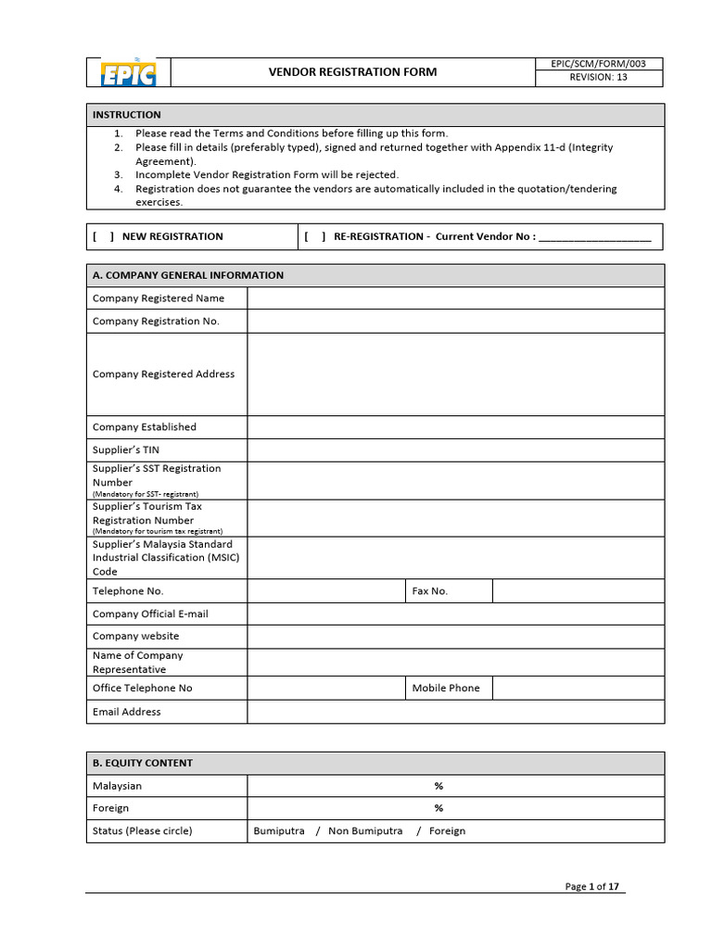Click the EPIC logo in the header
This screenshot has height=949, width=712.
click(127, 72)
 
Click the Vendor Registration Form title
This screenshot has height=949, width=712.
click(352, 72)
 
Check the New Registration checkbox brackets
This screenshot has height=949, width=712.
click(103, 236)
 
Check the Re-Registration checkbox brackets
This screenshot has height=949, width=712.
click(315, 236)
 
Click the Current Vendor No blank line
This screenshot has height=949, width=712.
click(594, 237)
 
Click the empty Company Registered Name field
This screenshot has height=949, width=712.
click(454, 298)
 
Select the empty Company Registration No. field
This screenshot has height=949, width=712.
click(454, 322)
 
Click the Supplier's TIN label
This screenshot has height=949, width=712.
click(126, 450)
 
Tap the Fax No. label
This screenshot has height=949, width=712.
click(429, 591)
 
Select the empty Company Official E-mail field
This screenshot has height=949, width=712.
click(454, 614)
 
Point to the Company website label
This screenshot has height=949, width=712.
click(136, 637)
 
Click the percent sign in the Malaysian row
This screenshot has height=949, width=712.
click(439, 786)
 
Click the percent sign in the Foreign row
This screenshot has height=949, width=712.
click(439, 808)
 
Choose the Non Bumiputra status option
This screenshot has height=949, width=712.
click(365, 831)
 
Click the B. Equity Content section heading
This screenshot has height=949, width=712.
click(143, 764)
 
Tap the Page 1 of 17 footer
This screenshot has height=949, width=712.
click(591, 887)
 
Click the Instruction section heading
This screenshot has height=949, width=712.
click(127, 115)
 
